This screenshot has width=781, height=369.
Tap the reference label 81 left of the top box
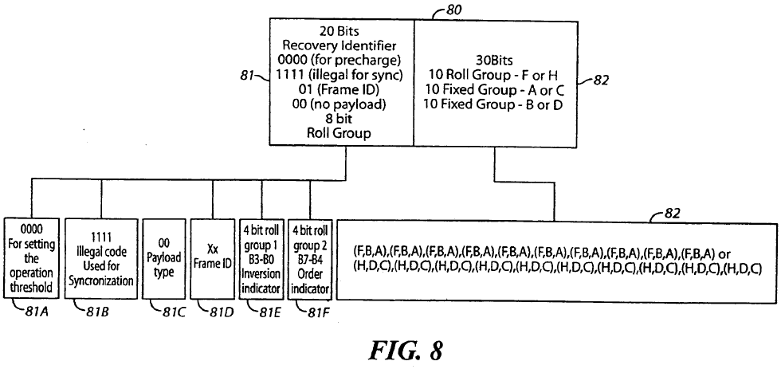pos(246,76)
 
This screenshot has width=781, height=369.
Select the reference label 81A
pos(37,312)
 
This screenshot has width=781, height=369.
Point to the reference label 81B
pos(97,312)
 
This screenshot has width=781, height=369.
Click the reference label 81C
pos(174,312)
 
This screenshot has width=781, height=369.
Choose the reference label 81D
pos(222,312)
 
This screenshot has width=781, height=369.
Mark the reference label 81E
pos(271,312)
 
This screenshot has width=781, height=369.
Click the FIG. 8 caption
pos(406,350)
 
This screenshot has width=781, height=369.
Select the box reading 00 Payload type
pos(163,258)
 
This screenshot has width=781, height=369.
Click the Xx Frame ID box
pos(213,258)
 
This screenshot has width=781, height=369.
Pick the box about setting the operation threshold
pos(31,258)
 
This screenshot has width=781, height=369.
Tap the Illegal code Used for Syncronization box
pos(101,258)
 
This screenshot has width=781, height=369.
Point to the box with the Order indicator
pos(310,258)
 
